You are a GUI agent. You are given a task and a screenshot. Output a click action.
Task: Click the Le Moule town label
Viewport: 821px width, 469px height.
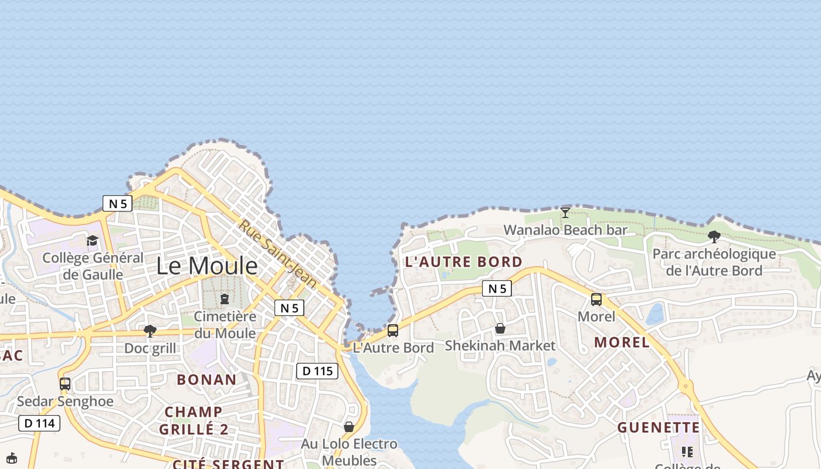(206, 266)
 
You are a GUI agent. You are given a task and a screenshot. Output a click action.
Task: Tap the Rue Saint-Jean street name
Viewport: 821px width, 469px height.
(277, 254)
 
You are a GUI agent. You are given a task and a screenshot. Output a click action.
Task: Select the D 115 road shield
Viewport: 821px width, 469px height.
(317, 371)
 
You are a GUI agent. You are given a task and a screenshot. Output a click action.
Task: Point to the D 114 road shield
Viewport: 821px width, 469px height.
(39, 423)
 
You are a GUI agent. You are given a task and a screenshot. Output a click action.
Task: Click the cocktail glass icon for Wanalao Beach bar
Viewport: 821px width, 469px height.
(565, 213)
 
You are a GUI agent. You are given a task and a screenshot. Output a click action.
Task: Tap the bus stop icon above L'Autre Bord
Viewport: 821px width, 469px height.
(392, 330)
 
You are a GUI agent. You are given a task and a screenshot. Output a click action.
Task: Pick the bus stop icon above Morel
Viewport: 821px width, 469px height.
(596, 300)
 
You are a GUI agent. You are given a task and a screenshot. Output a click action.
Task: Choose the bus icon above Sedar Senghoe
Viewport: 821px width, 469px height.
(65, 384)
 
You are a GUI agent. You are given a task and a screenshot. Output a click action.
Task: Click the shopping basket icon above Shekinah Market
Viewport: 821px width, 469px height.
(500, 328)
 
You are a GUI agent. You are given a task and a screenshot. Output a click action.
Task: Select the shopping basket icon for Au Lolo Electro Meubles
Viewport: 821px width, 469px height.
(349, 427)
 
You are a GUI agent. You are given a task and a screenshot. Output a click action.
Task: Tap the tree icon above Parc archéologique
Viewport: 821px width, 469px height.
(714, 237)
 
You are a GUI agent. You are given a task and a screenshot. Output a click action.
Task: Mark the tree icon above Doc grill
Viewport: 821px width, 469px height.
(150, 331)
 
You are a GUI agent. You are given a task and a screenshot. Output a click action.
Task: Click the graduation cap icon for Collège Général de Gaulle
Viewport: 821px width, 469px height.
(92, 240)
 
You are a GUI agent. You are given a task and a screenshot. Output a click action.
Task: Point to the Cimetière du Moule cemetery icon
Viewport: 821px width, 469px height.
(225, 299)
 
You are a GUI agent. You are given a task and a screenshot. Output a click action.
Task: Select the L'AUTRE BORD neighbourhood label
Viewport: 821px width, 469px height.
(463, 262)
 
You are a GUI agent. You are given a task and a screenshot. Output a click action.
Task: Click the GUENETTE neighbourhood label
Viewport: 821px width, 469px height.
(658, 427)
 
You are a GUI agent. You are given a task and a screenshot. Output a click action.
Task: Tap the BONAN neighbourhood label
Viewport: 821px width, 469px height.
(206, 379)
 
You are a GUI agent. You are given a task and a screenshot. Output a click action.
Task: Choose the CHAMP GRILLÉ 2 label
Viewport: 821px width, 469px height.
(193, 420)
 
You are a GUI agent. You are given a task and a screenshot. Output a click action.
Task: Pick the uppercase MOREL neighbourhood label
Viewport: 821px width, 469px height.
(622, 342)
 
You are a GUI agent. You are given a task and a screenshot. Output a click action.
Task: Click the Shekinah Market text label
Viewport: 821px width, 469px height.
(500, 345)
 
